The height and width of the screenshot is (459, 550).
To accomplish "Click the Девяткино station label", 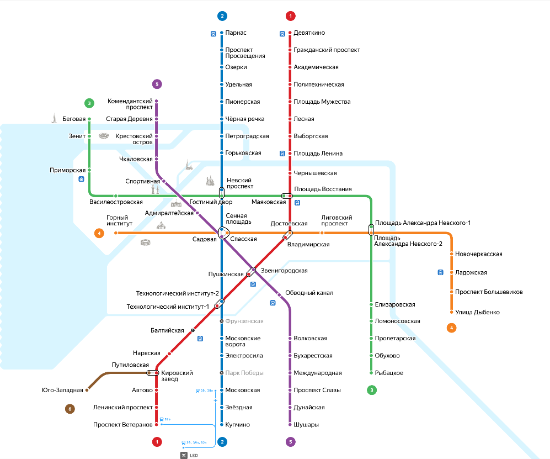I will [309, 33].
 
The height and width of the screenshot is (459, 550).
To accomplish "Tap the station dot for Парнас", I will [222, 33].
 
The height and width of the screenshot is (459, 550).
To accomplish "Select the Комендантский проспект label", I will [130, 104].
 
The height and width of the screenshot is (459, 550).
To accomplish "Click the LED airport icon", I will [184, 455].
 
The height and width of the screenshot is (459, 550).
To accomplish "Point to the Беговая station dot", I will [89, 119].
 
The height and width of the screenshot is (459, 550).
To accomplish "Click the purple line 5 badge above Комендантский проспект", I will [157, 85].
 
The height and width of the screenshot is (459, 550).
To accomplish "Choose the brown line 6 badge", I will [70, 409].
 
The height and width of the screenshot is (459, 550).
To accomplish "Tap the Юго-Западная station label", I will [62, 390].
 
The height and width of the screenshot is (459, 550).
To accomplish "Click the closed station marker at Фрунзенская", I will [222, 321].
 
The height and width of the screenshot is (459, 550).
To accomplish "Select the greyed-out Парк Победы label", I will [244, 373].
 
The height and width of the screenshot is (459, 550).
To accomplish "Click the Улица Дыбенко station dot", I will [451, 313].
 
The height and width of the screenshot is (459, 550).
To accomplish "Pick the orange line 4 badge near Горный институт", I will [99, 233].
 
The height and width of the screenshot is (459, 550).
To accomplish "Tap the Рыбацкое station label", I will [389, 373].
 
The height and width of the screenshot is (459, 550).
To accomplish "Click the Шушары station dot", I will [290, 425].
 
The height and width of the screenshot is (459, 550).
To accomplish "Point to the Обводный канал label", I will [309, 293].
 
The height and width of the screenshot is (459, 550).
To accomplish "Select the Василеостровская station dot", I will [115, 196].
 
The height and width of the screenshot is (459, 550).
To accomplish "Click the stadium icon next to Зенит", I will [104, 136].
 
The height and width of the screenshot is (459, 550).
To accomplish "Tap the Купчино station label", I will [238, 425].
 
